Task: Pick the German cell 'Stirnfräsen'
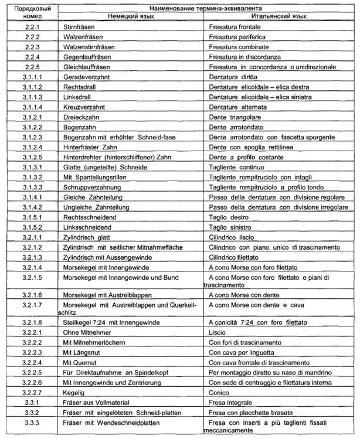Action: (x=79, y=28)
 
